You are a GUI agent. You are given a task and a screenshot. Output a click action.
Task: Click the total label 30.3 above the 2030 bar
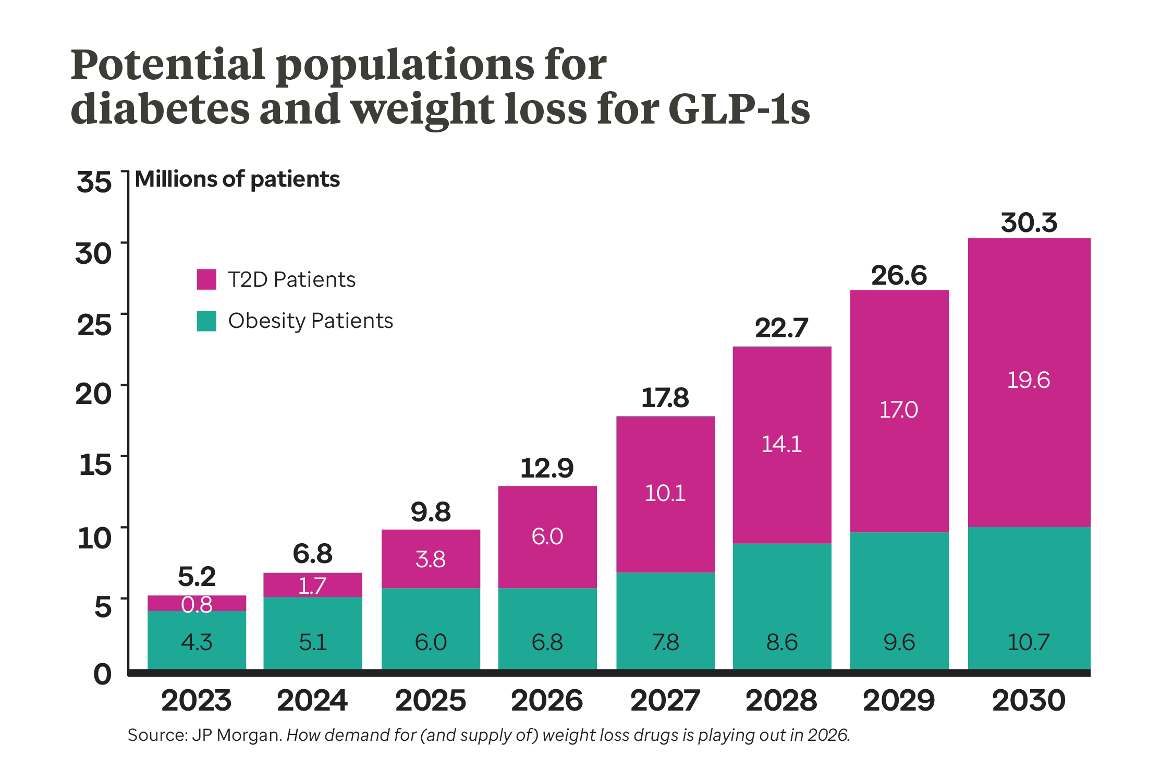(1029, 223)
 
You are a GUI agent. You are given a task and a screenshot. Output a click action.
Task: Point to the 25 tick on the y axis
(94, 325)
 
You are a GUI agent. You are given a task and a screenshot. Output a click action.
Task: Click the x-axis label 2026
(547, 700)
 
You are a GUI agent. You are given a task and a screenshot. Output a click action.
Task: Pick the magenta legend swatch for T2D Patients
(206, 279)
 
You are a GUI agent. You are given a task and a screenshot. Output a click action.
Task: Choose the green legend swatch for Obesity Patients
(206, 321)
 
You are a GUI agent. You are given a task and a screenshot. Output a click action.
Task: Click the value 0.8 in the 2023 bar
(197, 605)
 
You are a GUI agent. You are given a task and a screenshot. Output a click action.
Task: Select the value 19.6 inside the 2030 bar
(1028, 380)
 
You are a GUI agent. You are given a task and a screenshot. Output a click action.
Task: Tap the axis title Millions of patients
(237, 179)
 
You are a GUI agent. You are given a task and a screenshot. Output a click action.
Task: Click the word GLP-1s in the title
(739, 110)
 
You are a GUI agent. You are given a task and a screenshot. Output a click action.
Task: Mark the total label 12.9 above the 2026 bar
(547, 468)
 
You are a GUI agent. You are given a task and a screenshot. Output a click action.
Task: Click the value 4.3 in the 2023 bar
(197, 642)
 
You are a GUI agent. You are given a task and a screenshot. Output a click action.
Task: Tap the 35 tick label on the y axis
(94, 182)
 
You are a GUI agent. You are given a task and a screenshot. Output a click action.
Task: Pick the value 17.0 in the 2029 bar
(899, 410)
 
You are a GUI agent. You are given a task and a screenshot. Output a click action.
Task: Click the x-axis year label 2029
(899, 700)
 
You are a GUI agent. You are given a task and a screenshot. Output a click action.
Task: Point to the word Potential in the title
(168, 65)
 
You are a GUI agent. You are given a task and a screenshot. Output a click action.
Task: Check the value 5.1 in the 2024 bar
(313, 642)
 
